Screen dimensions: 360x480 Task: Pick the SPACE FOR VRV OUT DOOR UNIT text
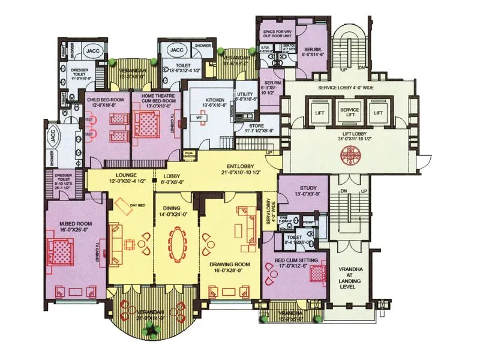[x=277, y=34]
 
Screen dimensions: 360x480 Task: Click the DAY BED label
[x=137, y=206]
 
